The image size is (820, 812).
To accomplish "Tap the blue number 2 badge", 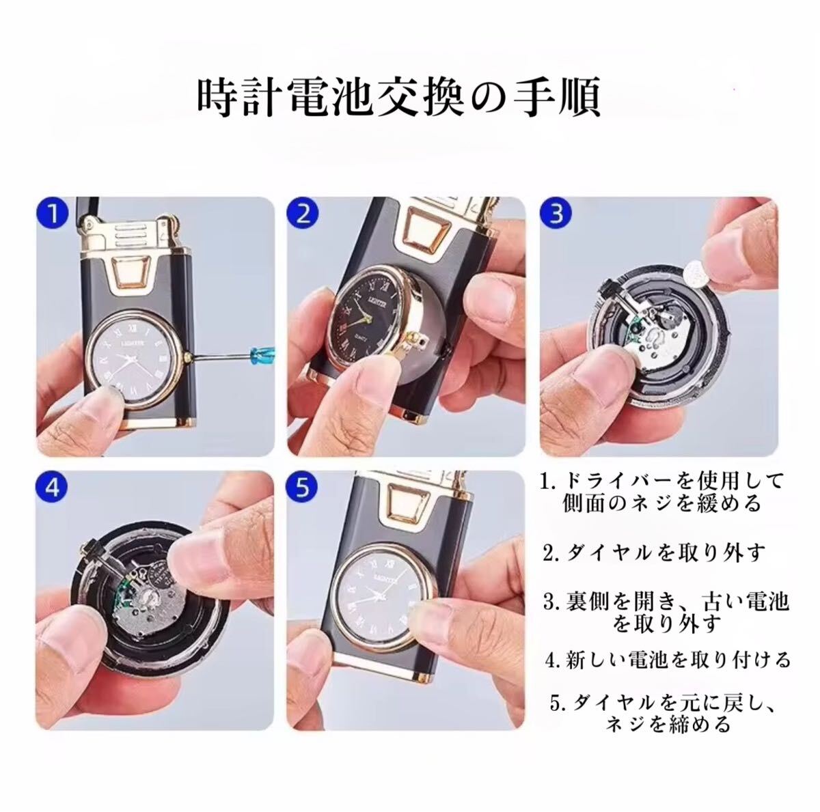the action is [303, 214].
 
